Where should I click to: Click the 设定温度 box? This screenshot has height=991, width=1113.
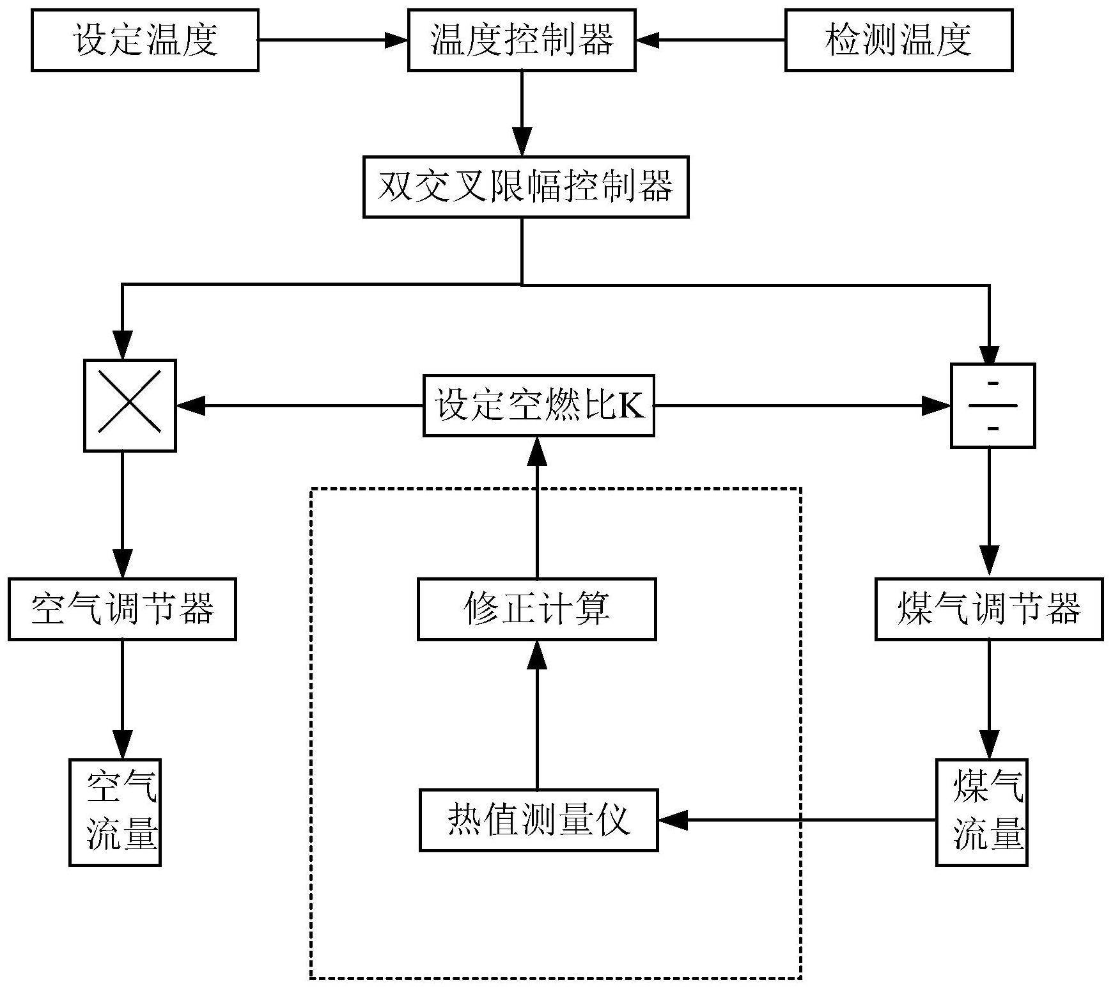point(144,40)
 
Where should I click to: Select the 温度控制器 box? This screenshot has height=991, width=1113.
point(522,40)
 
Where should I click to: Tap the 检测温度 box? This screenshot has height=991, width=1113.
point(898,40)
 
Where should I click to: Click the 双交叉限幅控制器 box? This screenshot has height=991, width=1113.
point(525,187)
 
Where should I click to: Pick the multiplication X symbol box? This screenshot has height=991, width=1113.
point(130,405)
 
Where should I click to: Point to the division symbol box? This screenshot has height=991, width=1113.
point(992,405)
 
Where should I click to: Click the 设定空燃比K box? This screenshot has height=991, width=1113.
point(538,405)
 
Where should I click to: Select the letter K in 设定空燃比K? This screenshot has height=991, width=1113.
point(631,405)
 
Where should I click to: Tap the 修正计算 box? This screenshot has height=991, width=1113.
point(536,609)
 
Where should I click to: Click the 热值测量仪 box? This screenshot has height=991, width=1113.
point(538,820)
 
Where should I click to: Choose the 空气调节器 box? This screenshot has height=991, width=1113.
point(122,609)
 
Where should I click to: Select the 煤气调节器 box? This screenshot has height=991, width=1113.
point(988,609)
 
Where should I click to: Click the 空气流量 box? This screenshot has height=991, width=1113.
point(115,812)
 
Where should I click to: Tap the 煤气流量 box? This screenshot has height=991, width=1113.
point(981,812)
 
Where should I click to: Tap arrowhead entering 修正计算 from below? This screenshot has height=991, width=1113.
point(536,653)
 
